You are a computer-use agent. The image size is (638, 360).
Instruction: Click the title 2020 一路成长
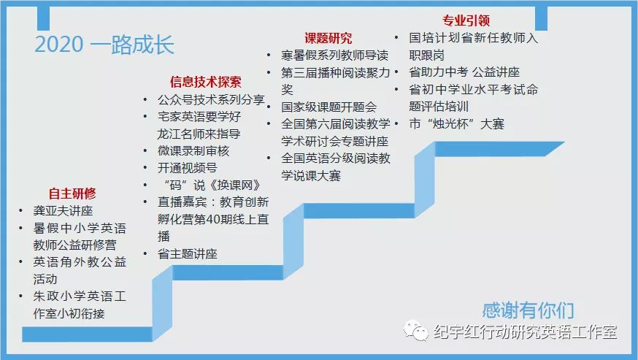[x=104, y=45]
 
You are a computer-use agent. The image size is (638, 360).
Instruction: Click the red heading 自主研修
[x=72, y=193]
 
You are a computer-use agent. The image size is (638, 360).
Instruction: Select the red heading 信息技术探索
[x=205, y=82]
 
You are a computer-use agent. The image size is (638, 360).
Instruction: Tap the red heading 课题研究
[x=328, y=38]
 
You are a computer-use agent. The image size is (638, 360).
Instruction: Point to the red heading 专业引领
[x=466, y=20]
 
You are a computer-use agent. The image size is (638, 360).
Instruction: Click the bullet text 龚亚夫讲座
[x=63, y=210]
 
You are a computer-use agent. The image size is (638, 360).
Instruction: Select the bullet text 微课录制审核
[x=193, y=150]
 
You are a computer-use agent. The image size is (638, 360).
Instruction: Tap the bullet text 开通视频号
[x=187, y=168]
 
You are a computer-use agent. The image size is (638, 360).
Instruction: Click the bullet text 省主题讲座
[x=187, y=253]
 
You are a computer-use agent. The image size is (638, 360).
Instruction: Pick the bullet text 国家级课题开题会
[x=328, y=107]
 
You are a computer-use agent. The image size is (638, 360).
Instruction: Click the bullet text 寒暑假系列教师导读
[x=334, y=55]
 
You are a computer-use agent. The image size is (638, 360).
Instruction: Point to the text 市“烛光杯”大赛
[x=456, y=124]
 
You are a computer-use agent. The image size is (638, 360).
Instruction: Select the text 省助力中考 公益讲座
[x=464, y=72]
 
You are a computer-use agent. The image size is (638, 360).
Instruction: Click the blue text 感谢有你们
[x=528, y=310]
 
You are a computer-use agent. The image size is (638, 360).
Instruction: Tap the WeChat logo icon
[x=415, y=331]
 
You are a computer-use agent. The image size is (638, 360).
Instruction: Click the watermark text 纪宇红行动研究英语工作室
[x=525, y=332]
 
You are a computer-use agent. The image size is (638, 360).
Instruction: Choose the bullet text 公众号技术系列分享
[x=211, y=100]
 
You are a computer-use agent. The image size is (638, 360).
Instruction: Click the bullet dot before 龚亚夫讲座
[x=20, y=210]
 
